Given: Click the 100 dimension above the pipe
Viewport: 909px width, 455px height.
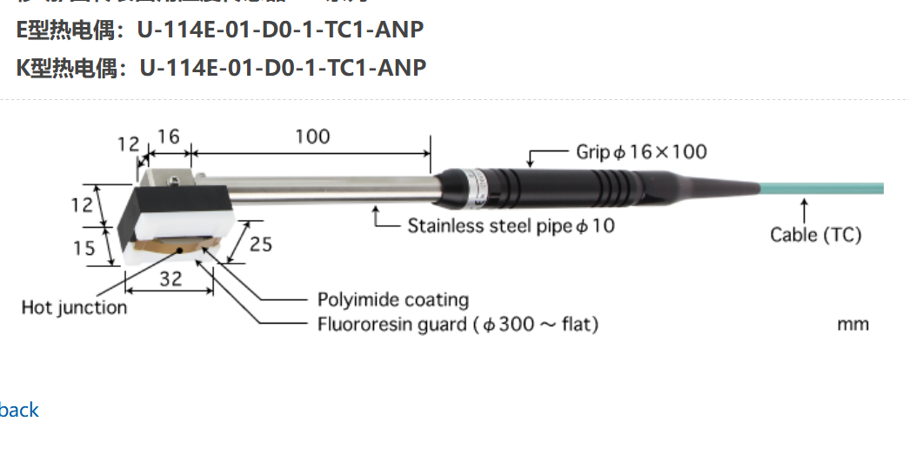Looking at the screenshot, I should [312, 137].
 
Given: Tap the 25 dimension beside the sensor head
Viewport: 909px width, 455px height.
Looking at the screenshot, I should [260, 244].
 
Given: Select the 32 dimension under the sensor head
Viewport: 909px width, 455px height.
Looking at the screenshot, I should [171, 279].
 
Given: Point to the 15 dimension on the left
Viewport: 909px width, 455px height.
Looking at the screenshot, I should [84, 248].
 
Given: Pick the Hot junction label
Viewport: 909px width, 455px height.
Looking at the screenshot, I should [74, 307].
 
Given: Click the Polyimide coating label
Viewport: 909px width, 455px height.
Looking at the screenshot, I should [392, 300].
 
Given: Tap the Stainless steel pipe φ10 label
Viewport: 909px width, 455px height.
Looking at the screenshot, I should [511, 225].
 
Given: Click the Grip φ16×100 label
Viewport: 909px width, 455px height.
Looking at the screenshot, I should [641, 151].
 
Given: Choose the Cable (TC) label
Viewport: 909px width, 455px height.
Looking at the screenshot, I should [815, 234].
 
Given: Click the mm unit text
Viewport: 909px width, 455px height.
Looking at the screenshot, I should [852, 325].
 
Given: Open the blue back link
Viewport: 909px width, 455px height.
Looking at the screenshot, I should [19, 410].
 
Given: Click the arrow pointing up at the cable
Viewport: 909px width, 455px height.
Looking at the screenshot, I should [805, 210].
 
